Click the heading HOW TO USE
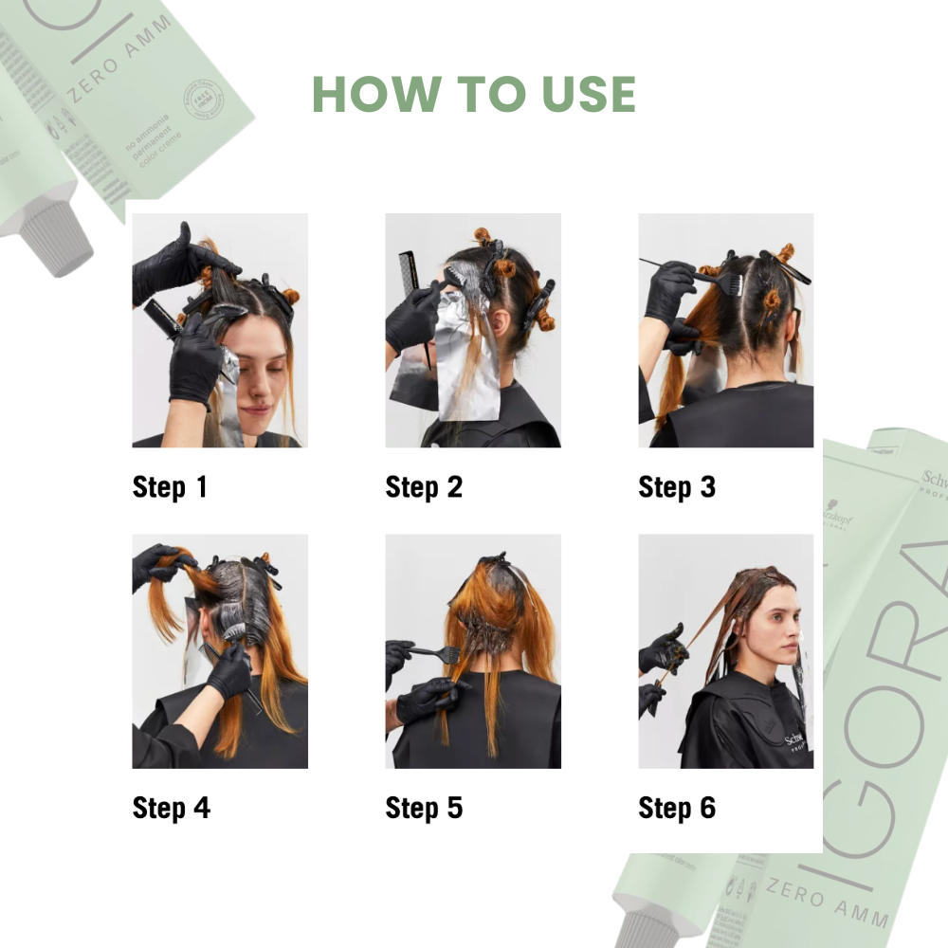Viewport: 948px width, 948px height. pos(473,93)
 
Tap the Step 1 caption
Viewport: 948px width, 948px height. pos(170,487)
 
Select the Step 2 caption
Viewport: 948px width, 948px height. pos(424,487)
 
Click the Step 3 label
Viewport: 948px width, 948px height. pos(677,487)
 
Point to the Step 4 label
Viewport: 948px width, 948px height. pos(171,808)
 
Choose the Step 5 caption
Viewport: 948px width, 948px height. pos(424,808)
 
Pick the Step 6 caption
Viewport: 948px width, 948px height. pos(677,808)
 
